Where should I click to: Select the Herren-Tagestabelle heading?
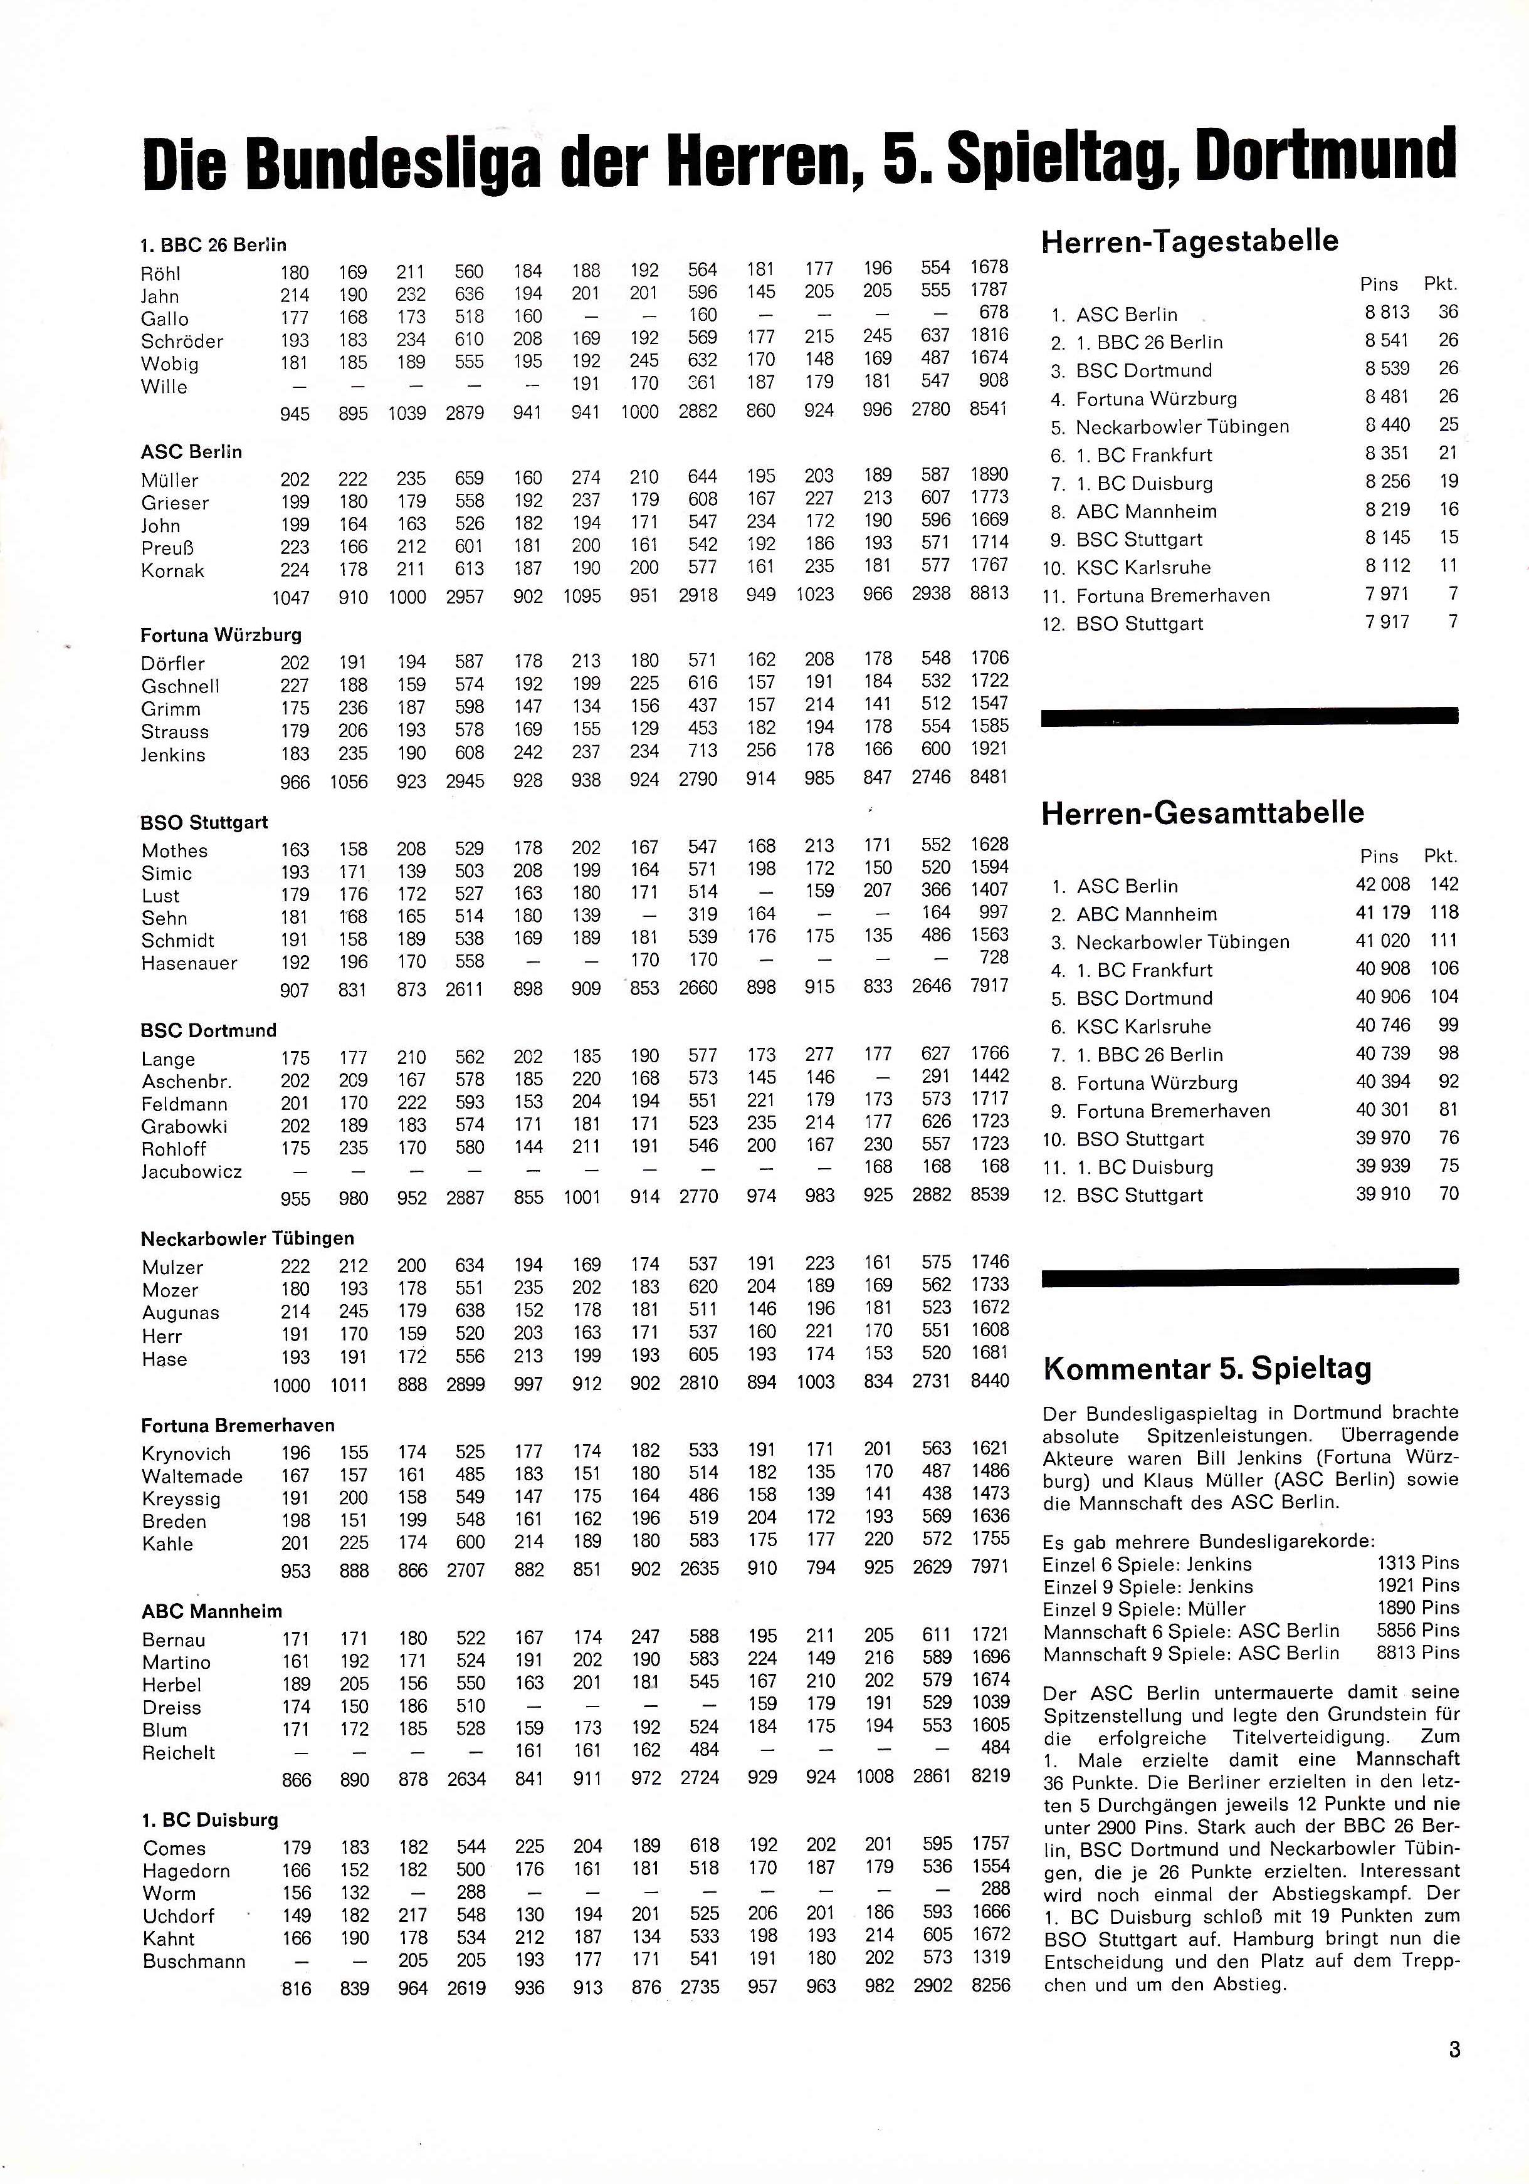click(x=1190, y=241)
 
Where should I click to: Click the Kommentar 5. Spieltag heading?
click(x=1207, y=1369)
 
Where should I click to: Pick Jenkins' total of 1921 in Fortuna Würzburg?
click(x=989, y=749)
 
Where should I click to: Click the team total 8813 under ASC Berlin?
click(x=989, y=593)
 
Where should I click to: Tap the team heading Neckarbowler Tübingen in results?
click(x=248, y=1238)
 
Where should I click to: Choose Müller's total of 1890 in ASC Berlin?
click(x=989, y=474)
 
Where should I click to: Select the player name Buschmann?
click(x=194, y=1962)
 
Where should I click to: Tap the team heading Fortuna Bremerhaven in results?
click(x=238, y=1425)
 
